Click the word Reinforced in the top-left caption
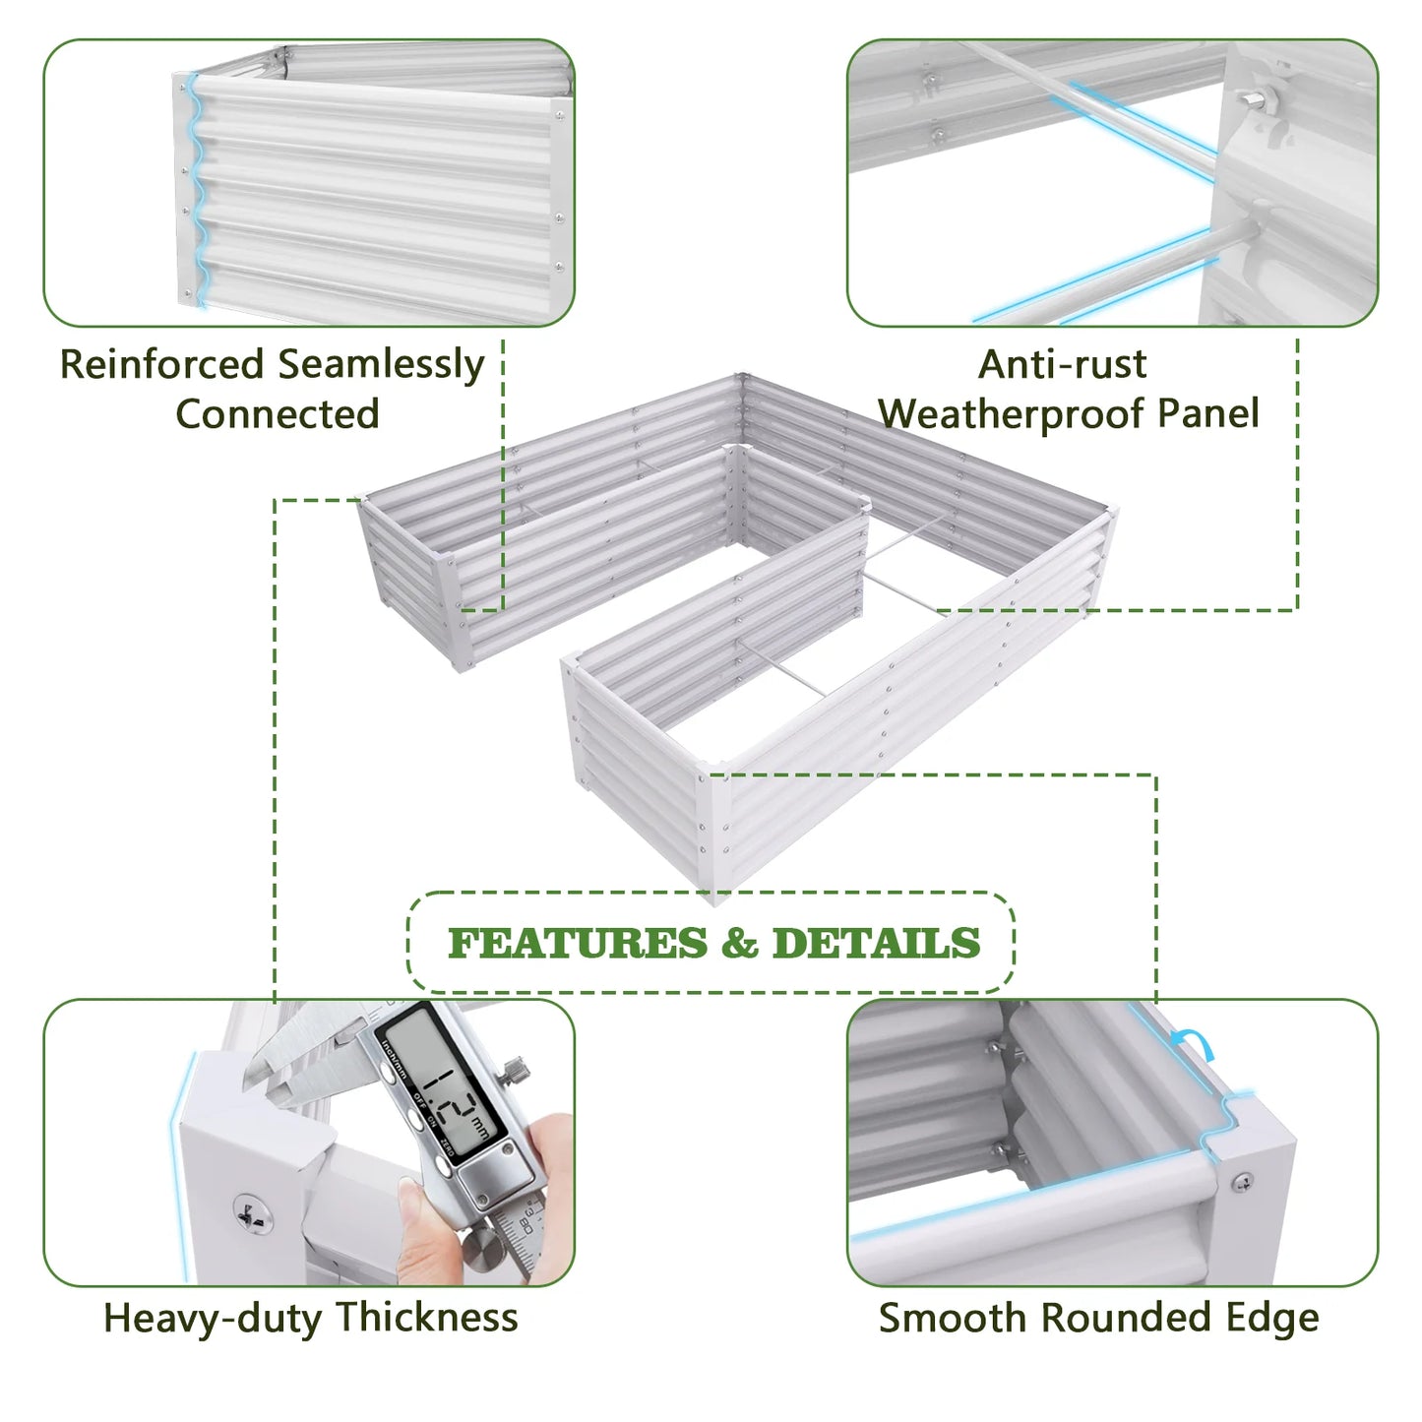tap(162, 364)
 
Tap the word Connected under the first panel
tap(278, 414)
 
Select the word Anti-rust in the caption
tap(1062, 364)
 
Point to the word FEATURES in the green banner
tap(577, 943)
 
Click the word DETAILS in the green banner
tap(876, 943)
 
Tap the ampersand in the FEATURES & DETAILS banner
tap(739, 943)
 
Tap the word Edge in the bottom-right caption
tap(1273, 1318)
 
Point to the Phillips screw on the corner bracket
tap(250, 1213)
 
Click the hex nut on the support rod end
tap(1263, 100)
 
